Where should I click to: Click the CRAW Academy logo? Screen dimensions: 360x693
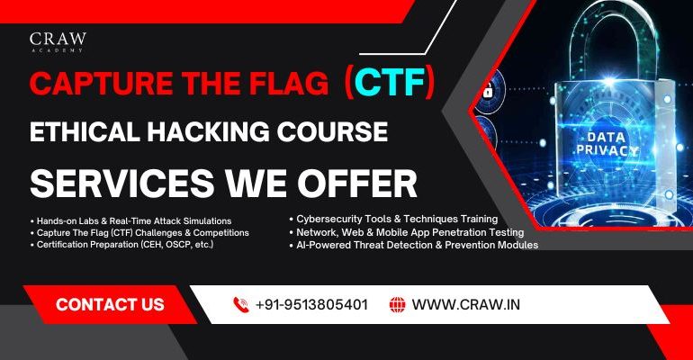click(x=58, y=44)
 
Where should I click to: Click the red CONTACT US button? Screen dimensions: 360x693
click(x=110, y=304)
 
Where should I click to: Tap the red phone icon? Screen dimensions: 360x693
click(x=240, y=304)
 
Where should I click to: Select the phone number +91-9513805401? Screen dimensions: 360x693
click(x=311, y=304)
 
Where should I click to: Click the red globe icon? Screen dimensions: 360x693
click(x=397, y=304)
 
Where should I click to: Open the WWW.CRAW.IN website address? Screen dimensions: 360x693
click(x=466, y=304)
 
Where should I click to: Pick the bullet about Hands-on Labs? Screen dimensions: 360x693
click(x=131, y=220)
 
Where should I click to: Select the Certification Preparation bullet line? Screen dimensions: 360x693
click(x=122, y=244)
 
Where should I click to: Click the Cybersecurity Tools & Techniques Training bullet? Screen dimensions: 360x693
click(x=396, y=219)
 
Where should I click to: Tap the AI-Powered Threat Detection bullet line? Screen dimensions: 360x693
click(x=415, y=244)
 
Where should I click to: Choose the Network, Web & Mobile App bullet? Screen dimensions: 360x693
click(x=411, y=231)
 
